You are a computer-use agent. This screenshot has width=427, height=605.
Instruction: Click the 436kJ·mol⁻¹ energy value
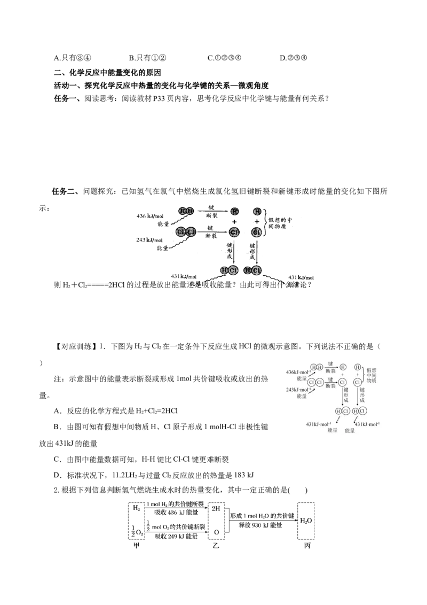pos(297,371)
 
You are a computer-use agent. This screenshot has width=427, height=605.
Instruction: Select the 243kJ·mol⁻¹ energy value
pos(297,390)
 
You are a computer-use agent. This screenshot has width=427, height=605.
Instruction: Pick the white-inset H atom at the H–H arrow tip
pos(343,367)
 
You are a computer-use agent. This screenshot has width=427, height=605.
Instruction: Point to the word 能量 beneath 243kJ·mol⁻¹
pos(302,397)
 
